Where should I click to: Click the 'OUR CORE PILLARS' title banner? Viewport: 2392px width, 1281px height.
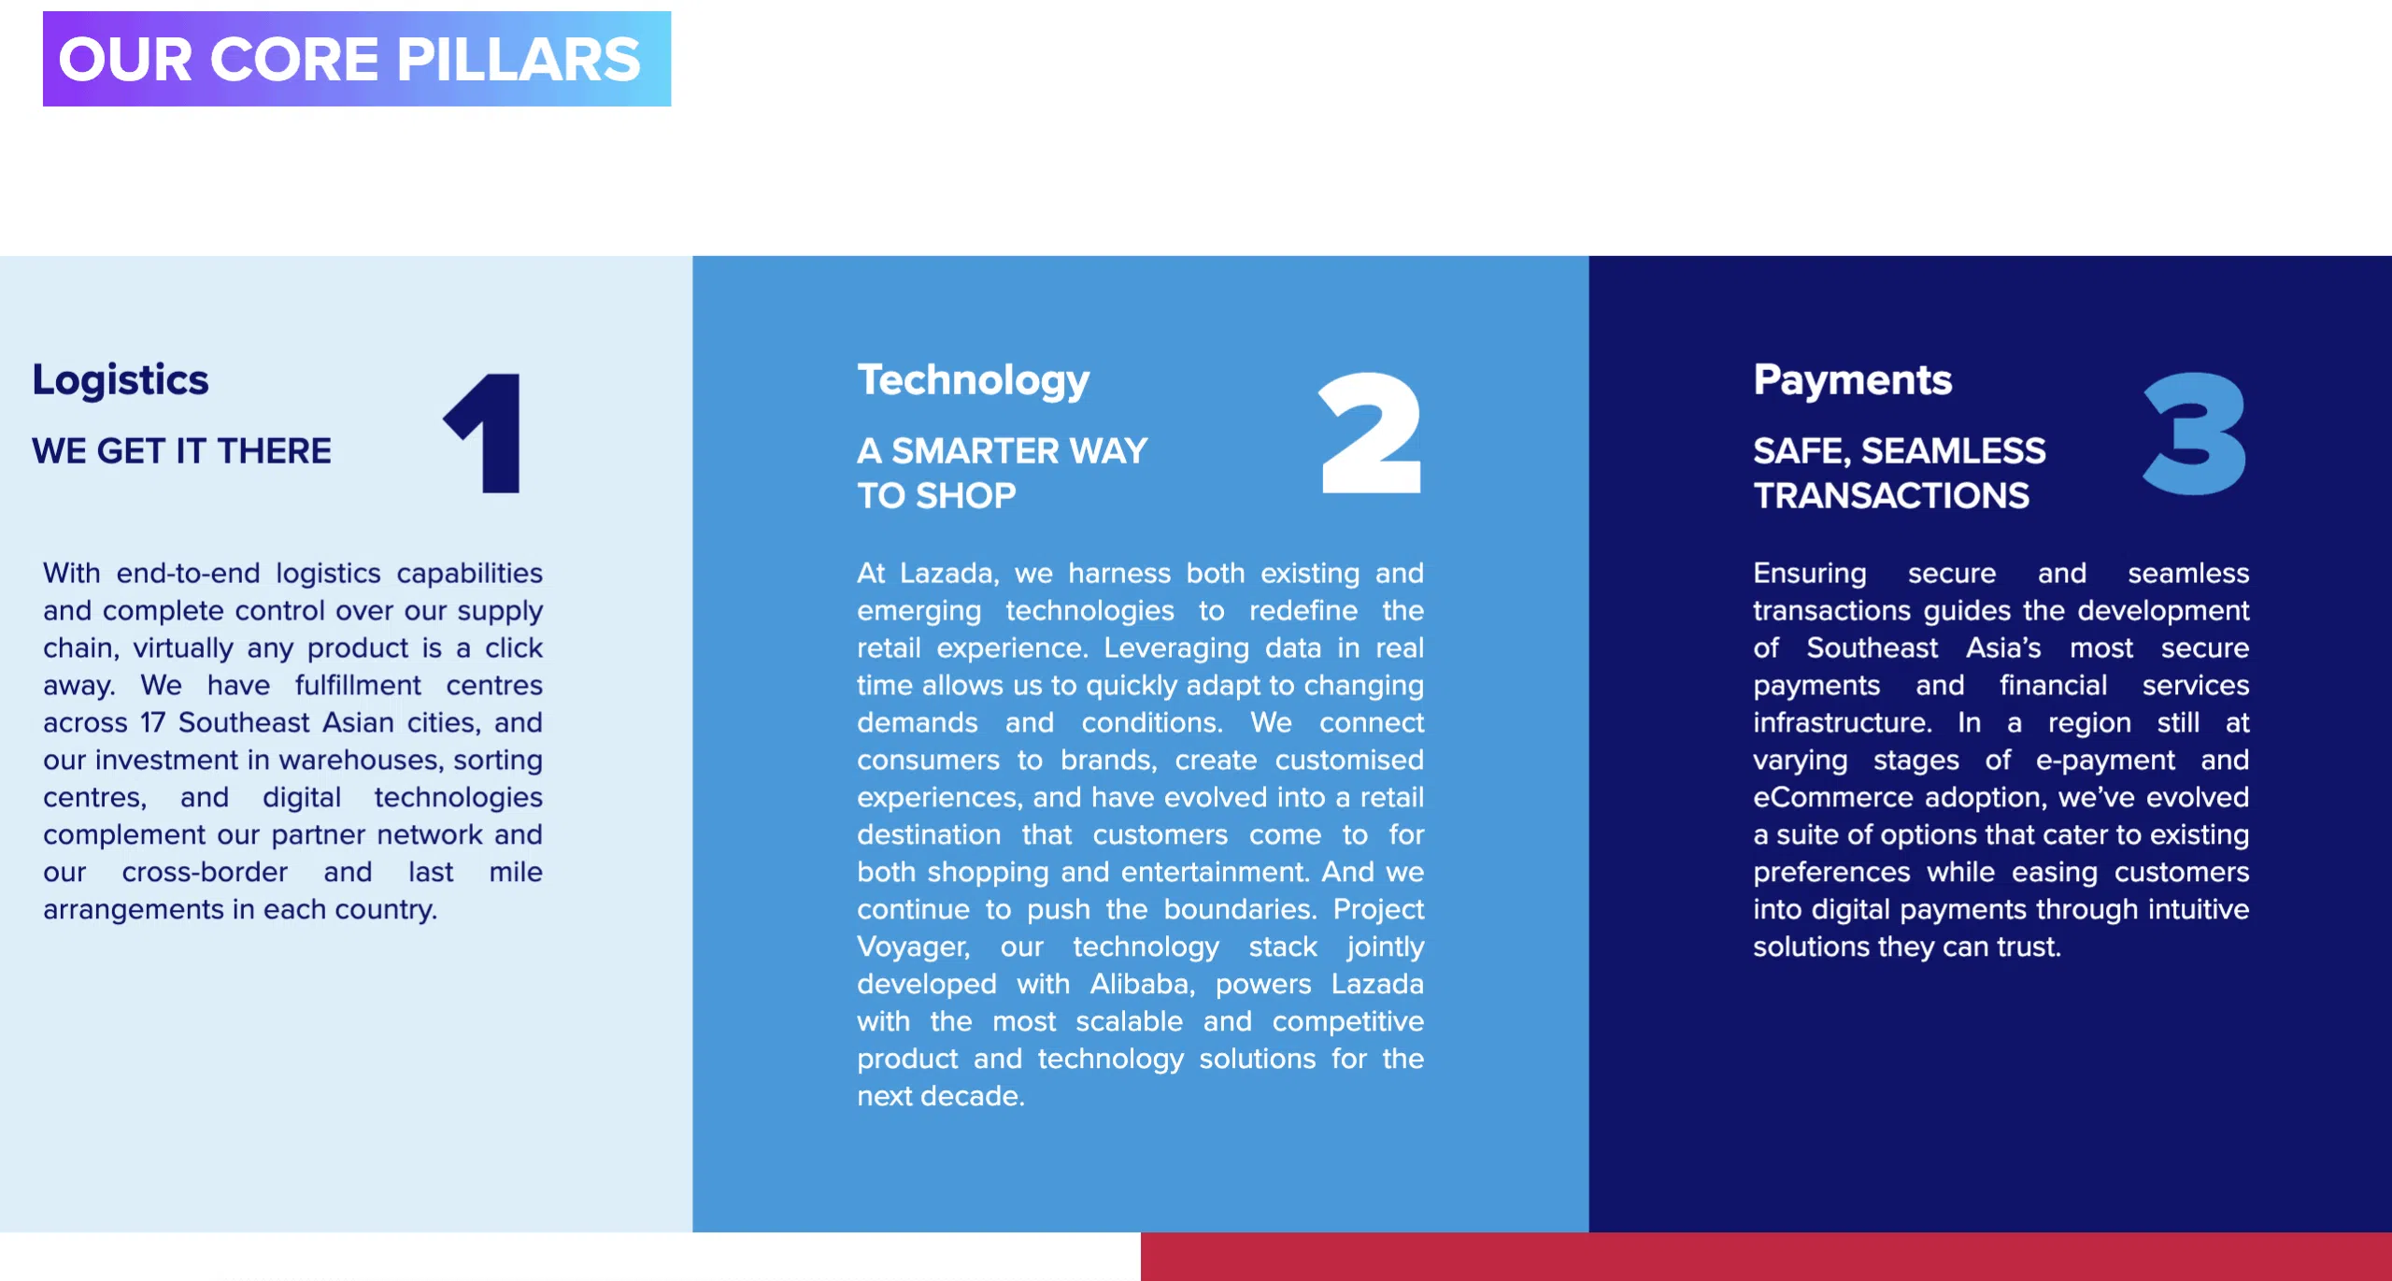[357, 59]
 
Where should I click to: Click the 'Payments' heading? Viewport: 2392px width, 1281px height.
[1853, 380]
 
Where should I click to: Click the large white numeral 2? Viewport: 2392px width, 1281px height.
[1371, 433]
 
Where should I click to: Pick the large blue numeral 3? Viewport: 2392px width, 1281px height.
[2195, 433]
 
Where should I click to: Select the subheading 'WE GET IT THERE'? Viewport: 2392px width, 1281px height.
[181, 451]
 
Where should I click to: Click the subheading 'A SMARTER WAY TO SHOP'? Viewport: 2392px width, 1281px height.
[1003, 474]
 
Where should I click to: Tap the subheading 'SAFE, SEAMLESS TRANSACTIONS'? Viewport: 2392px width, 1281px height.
[1900, 474]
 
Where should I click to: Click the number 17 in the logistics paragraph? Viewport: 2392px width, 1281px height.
[153, 722]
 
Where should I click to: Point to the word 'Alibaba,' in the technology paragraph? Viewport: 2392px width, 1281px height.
[1143, 984]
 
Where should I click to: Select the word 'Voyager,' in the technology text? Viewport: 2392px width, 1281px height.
[914, 947]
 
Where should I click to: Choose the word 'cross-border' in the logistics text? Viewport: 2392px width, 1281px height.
[205, 872]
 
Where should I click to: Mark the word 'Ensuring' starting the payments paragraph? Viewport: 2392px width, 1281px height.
[1810, 574]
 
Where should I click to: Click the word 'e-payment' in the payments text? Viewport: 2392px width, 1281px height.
[2105, 761]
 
